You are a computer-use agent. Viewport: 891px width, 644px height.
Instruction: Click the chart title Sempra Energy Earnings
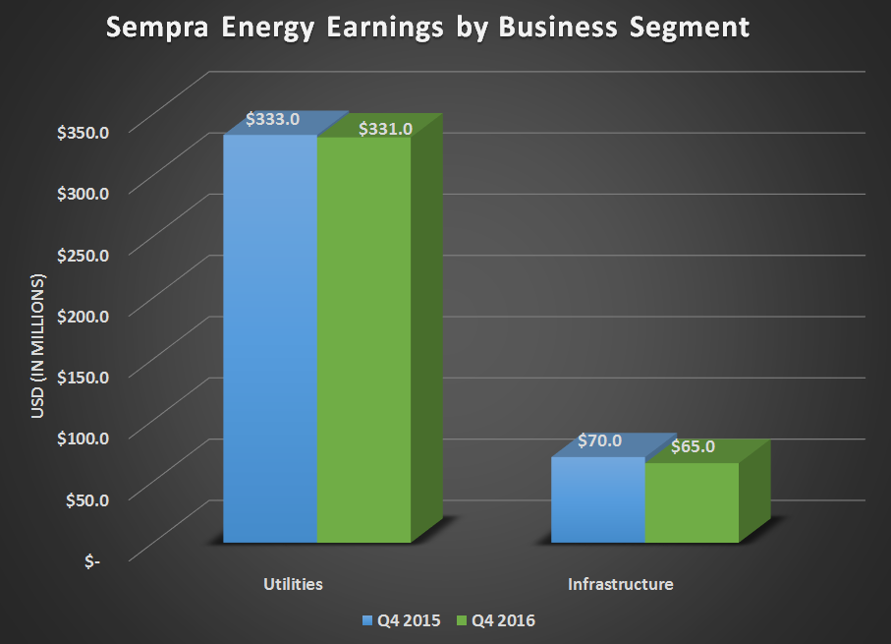pos(427,27)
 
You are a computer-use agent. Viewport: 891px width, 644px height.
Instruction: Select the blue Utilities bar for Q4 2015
pos(270,339)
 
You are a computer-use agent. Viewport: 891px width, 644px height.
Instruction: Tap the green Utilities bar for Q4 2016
pos(363,339)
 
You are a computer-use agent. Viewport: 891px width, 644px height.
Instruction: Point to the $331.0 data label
pos(385,128)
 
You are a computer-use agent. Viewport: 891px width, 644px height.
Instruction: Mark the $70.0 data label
pos(598,440)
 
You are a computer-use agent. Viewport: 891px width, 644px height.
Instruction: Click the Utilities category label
pos(293,584)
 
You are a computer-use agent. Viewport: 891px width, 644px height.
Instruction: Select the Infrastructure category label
pos(621,584)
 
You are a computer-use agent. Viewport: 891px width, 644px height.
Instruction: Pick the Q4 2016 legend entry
pos(497,620)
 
